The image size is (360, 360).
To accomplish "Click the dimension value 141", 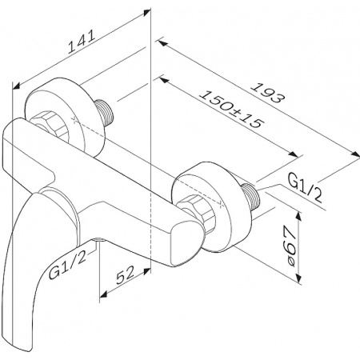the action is [82, 42].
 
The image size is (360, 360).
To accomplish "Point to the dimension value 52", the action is [125, 275].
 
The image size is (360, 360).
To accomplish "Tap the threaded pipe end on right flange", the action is [250, 197].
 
